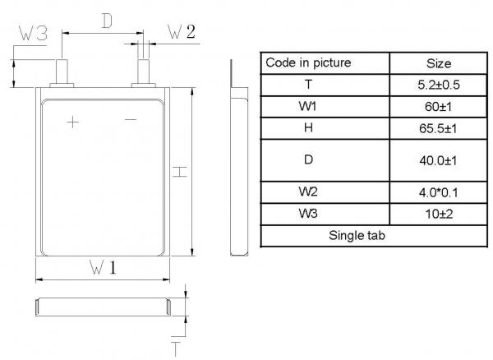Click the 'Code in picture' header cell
click(308, 62)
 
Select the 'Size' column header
click(439, 62)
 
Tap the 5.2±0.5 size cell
click(439, 85)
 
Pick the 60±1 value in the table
click(439, 107)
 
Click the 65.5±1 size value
click(439, 128)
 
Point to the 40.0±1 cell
click(439, 160)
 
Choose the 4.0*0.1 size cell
click(439, 193)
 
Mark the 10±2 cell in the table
click(439, 215)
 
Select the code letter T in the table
click(308, 85)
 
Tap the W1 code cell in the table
click(308, 107)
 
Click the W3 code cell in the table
click(308, 215)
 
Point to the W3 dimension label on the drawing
click(34, 34)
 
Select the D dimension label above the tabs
click(106, 21)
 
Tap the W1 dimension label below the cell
click(102, 268)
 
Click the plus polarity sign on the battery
click(73, 122)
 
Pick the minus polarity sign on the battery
click(131, 121)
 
